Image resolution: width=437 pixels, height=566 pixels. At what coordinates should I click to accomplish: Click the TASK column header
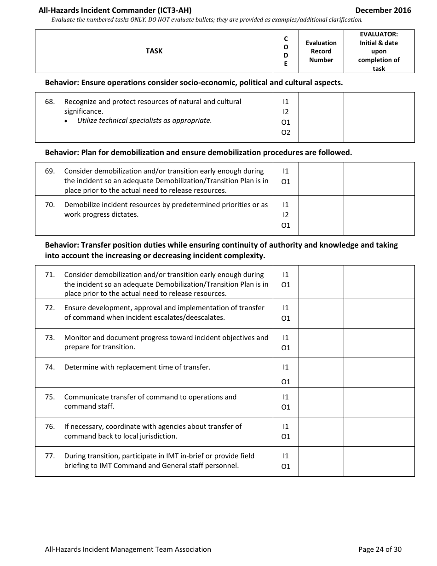coord(154,51)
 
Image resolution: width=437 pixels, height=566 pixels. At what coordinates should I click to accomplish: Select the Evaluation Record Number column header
coord(321,51)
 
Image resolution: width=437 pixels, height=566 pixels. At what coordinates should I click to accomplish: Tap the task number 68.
coord(50,102)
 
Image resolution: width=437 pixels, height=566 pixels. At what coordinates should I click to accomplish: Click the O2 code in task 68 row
coord(286,133)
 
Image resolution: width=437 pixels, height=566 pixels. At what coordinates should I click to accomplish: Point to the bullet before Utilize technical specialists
coord(67,121)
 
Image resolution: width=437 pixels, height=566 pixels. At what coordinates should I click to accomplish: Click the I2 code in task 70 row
coord(286,215)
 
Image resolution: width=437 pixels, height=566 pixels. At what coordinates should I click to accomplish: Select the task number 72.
coord(50,308)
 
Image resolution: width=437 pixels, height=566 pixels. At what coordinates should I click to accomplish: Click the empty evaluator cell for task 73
coord(379,343)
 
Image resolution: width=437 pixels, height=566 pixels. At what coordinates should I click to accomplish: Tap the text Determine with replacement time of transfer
coord(137,367)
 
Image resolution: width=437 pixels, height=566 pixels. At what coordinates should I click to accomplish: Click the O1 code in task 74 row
coord(286,382)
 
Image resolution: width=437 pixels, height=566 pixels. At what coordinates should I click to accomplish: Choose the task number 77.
coord(50,456)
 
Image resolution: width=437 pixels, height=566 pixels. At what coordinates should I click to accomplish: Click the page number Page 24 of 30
coord(380,549)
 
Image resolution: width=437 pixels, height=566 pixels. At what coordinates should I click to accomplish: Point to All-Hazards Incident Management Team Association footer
coord(128,549)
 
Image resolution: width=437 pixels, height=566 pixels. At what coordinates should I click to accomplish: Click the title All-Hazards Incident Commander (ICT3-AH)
coord(115,10)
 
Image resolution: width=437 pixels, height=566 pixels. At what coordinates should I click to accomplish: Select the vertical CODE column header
coord(286,51)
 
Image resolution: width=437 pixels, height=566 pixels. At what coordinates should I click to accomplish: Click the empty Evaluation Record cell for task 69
coord(321,179)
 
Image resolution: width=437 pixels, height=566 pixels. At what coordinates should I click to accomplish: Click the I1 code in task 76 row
coord(286,427)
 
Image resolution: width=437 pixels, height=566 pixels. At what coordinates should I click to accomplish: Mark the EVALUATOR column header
coord(379,51)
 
